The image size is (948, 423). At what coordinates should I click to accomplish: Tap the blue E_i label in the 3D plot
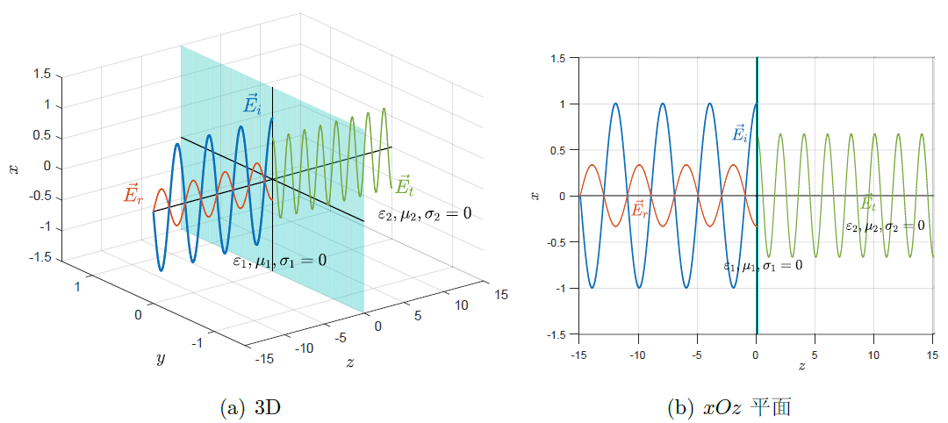coord(253,104)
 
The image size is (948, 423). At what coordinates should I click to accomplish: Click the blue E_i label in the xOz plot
coord(740,133)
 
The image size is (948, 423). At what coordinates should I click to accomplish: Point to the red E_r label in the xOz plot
coord(640,210)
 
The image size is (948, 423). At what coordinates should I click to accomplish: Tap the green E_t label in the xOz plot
coord(867,203)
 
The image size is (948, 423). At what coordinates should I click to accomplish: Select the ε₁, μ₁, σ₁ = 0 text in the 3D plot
coord(279,261)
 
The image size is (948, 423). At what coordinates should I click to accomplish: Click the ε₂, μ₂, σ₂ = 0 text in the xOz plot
coord(884,226)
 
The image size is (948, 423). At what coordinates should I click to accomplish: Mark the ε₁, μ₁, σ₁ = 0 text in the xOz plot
coord(762,265)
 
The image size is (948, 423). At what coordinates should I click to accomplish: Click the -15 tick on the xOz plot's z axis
coord(578,355)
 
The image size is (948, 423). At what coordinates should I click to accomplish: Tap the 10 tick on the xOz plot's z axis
coord(873,355)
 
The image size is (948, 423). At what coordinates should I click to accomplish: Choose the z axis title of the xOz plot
coord(802,366)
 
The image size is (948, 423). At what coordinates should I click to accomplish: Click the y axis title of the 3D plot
coord(160,358)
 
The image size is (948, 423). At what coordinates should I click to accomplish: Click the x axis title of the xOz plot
coord(536,196)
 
